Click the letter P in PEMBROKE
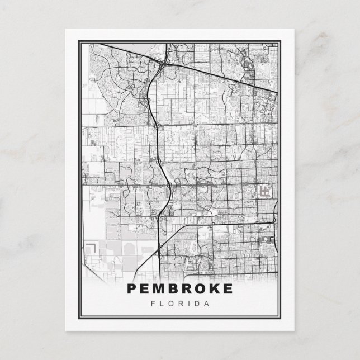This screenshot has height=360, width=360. [x=132, y=289]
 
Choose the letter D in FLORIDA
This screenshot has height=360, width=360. [x=198, y=304]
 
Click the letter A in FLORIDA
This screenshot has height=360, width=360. [x=207, y=304]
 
